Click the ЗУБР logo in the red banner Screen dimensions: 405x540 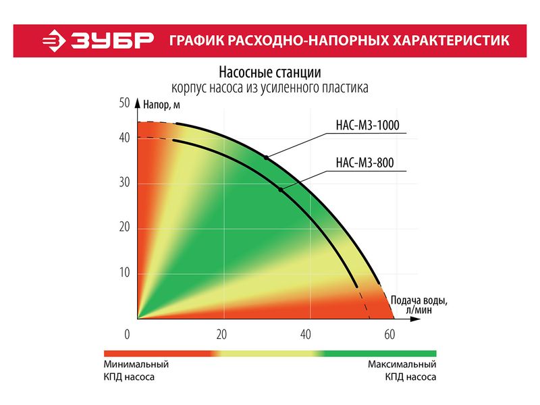(99, 40)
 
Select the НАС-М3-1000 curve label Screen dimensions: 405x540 (364, 125)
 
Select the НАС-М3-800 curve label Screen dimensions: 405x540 (364, 161)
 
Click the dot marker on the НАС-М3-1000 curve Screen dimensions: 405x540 (267, 157)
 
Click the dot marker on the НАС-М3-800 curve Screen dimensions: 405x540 (281, 190)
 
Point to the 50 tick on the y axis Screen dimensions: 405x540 (124, 103)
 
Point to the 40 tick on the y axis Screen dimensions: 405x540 (124, 138)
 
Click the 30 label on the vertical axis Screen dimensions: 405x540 (124, 183)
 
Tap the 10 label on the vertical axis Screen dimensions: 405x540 (124, 273)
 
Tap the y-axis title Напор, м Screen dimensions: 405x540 (161, 105)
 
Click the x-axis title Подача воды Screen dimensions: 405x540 (419, 300)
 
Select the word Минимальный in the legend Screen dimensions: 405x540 (136, 364)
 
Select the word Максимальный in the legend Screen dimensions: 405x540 (402, 364)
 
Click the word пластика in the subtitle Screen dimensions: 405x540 (344, 87)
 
